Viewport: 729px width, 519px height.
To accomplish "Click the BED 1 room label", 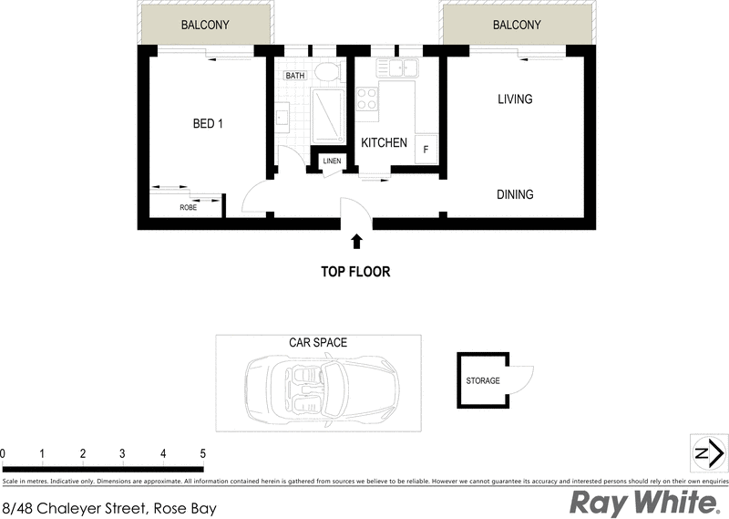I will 208,124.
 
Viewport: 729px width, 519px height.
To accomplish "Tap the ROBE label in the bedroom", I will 188,208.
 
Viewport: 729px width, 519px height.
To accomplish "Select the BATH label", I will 295,76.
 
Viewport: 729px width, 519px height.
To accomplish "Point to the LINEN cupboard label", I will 332,161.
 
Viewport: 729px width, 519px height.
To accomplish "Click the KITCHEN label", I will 384,143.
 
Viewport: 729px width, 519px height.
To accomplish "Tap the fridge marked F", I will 426,148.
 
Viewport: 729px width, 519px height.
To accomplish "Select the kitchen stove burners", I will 367,99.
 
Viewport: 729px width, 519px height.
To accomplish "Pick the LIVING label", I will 515,99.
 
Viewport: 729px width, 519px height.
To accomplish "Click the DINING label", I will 515,194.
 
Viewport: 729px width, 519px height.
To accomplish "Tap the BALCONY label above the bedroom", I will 205,26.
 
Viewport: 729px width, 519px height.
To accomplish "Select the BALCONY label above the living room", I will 517,26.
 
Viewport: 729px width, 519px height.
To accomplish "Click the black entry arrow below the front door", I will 356,241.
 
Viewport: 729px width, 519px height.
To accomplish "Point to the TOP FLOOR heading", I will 355,271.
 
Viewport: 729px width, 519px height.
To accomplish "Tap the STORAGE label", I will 482,380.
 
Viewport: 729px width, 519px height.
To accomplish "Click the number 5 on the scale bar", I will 202,453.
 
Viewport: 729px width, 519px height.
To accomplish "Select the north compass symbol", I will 708,453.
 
